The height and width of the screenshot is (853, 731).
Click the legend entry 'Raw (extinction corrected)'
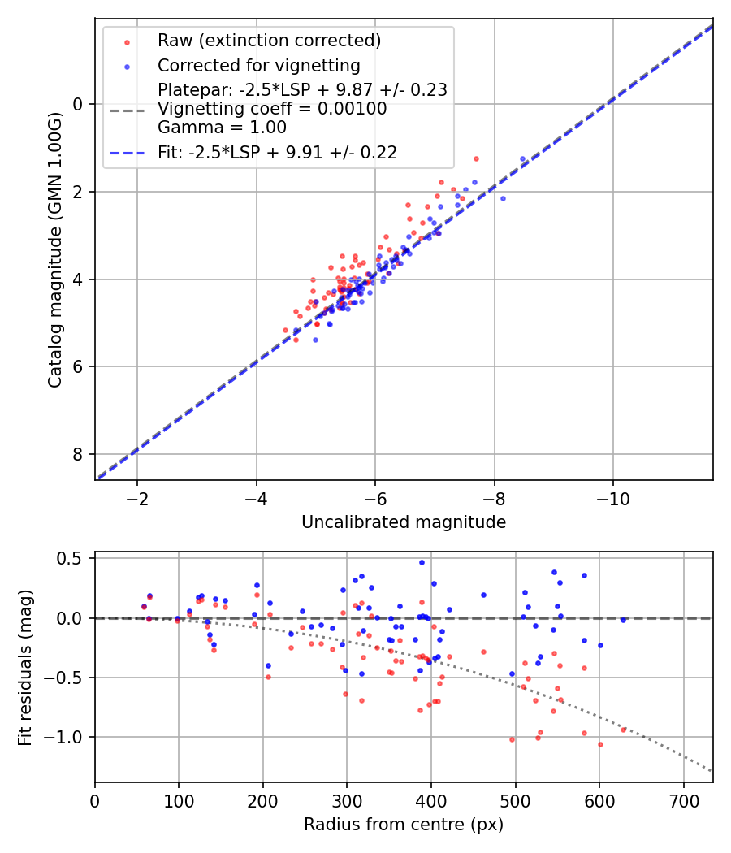(x=269, y=41)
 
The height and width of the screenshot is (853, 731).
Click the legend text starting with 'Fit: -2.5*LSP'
(x=277, y=153)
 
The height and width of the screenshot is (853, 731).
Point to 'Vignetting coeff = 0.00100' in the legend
(x=272, y=109)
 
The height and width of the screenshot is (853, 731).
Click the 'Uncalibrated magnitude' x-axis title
(x=404, y=522)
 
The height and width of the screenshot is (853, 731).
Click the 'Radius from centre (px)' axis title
(x=404, y=825)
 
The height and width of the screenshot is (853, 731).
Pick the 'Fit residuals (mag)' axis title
(x=25, y=667)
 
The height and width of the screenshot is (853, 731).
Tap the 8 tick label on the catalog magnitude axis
(x=79, y=454)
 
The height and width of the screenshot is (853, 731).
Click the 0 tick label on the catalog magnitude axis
(x=79, y=104)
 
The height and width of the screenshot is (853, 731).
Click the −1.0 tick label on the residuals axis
(x=67, y=737)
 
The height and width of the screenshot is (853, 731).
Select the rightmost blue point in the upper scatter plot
(x=503, y=198)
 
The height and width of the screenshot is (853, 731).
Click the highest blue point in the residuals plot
(x=422, y=562)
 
